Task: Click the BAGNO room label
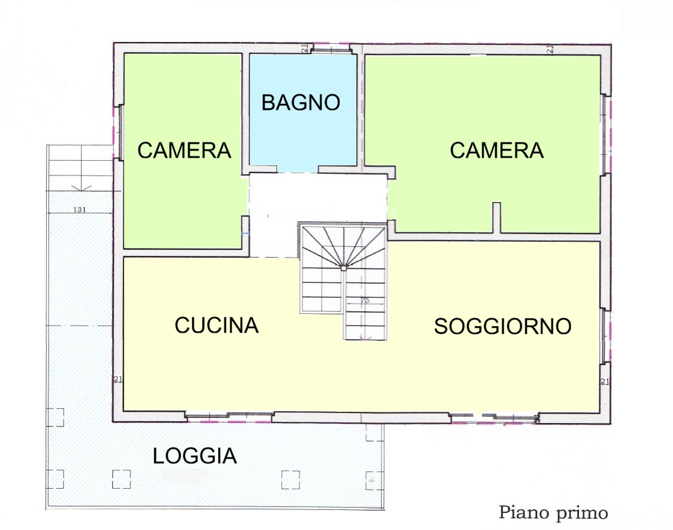[300, 103]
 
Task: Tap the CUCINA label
[216, 326]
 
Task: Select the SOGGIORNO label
[503, 326]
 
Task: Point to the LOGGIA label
[195, 456]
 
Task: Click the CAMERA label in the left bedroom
[184, 150]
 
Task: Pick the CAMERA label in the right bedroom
[496, 150]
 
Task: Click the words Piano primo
[553, 513]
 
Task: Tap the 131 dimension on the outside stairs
[79, 209]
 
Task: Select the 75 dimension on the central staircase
[365, 301]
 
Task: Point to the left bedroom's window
[121, 132]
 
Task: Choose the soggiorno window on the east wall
[604, 336]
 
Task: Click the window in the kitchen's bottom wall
[229, 415]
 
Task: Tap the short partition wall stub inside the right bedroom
[496, 217]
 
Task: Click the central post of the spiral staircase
[344, 268]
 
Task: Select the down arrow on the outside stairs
[81, 187]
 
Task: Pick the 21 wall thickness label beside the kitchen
[118, 379]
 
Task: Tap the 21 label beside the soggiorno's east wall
[605, 381]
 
